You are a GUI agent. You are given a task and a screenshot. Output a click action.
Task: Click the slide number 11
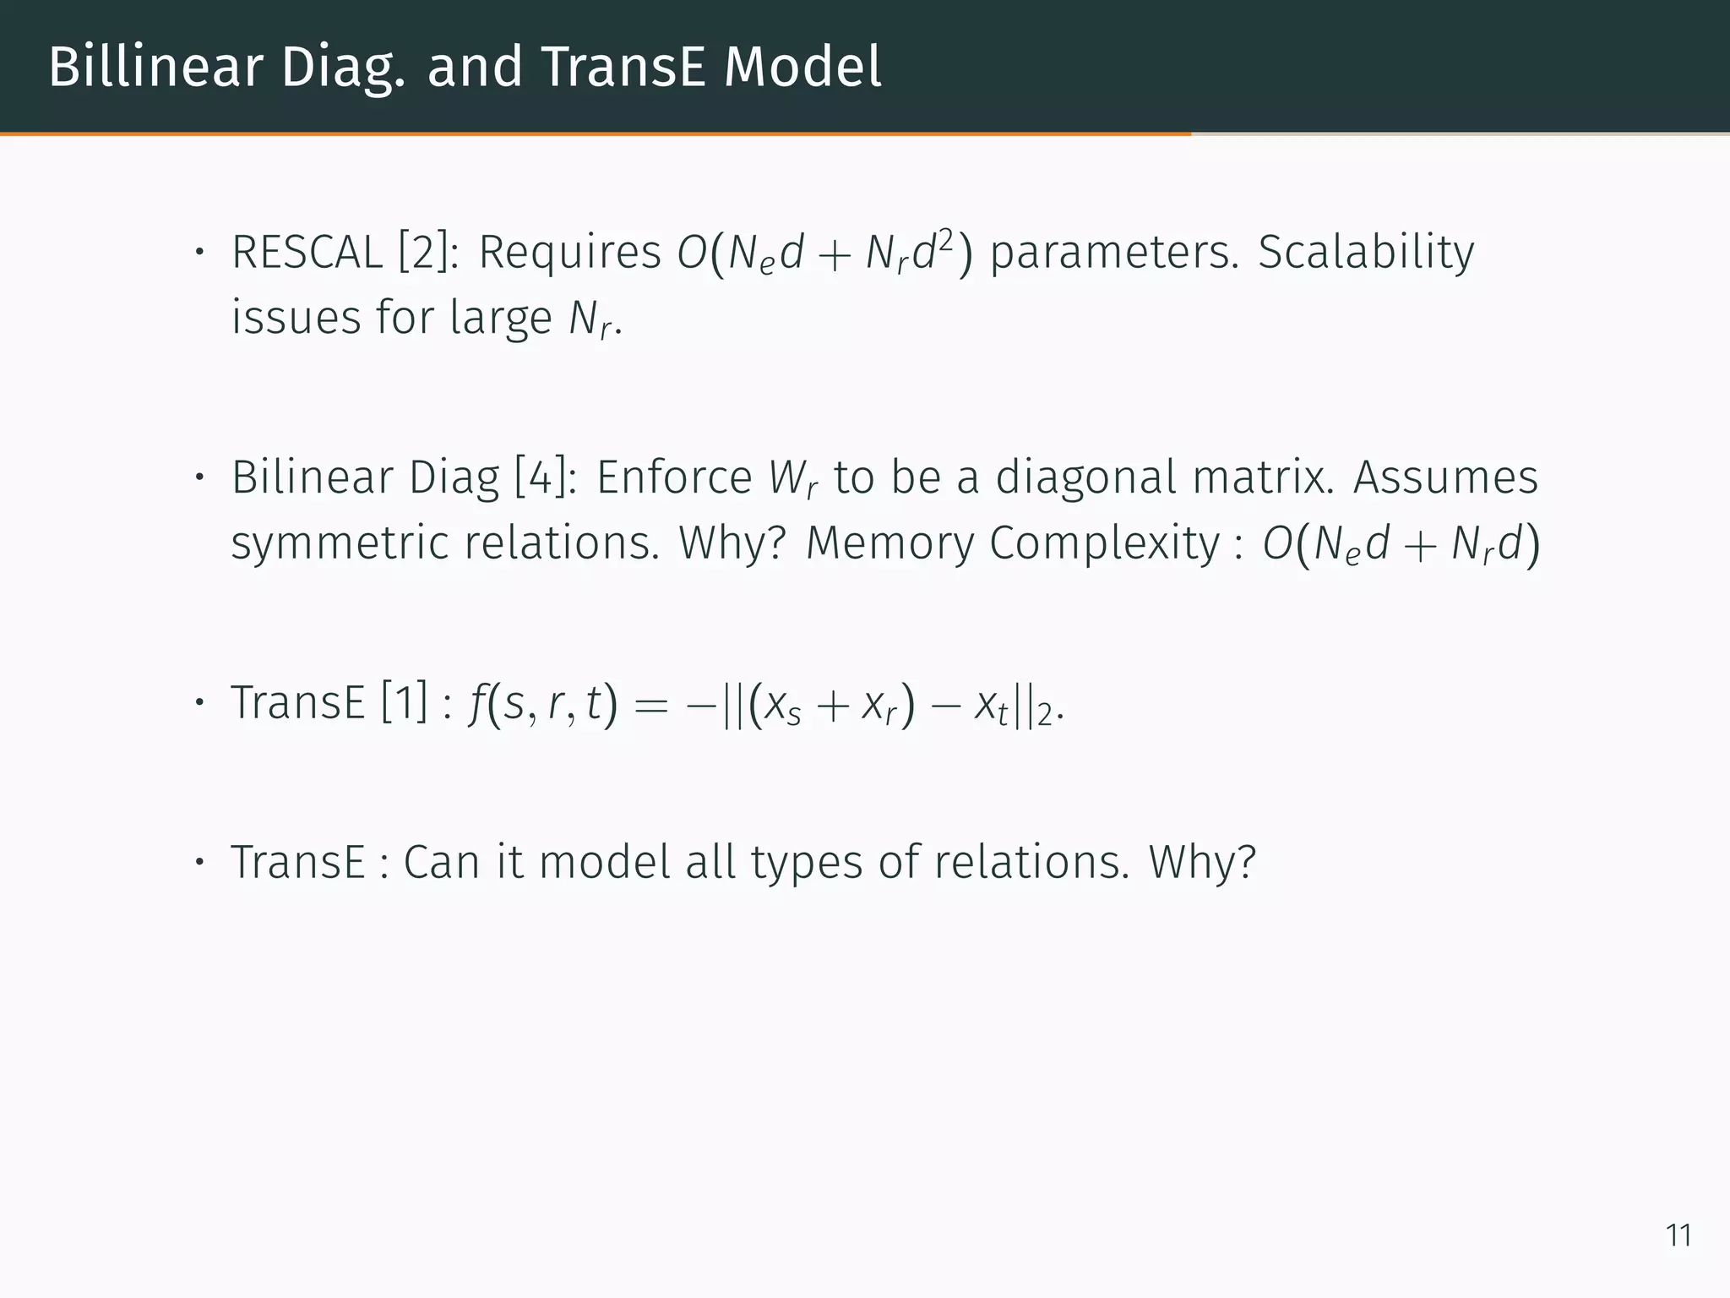point(1678,1235)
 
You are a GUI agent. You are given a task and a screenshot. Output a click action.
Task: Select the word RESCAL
point(307,253)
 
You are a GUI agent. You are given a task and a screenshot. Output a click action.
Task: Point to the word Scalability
point(1366,253)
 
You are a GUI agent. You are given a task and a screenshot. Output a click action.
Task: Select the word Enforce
point(674,477)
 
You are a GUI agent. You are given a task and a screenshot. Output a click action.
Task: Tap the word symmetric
point(340,543)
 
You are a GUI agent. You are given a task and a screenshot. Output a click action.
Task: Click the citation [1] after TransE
point(405,703)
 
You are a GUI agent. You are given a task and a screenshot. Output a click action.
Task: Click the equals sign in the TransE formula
point(650,705)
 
